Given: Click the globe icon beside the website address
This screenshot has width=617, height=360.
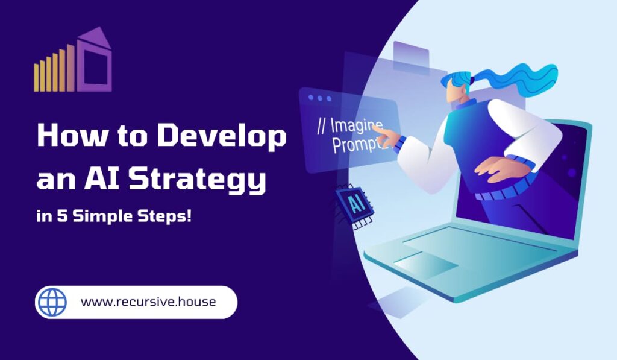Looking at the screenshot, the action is pyautogui.click(x=52, y=302).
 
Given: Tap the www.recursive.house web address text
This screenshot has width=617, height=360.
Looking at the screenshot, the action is pyautogui.click(x=148, y=302).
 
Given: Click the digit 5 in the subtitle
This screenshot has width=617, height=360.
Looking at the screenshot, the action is pyautogui.click(x=62, y=216).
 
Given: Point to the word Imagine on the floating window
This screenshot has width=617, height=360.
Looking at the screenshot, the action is pyautogui.click(x=357, y=126).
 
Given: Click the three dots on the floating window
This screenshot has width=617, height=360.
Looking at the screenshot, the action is pyautogui.click(x=319, y=98).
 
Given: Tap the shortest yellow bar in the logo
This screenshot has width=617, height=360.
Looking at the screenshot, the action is pyautogui.click(x=36, y=77).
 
